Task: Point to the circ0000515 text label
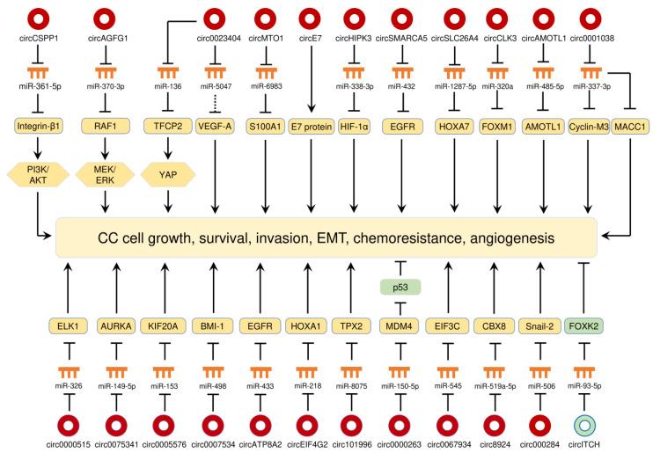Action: pos(37,444)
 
